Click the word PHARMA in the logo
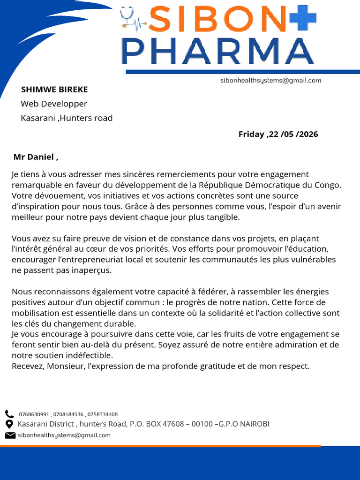click(217, 51)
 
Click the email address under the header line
click(270, 81)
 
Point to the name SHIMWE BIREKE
click(54, 90)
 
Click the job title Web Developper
click(54, 104)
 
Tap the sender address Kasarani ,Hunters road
click(67, 118)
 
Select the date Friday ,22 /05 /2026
click(278, 135)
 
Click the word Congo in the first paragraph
click(329, 185)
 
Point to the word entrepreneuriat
click(87, 260)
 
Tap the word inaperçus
click(95, 270)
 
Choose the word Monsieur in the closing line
click(66, 366)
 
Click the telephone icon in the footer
click(9, 414)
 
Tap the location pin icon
click(9, 424)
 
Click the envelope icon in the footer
click(10, 435)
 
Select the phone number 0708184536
click(68, 414)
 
